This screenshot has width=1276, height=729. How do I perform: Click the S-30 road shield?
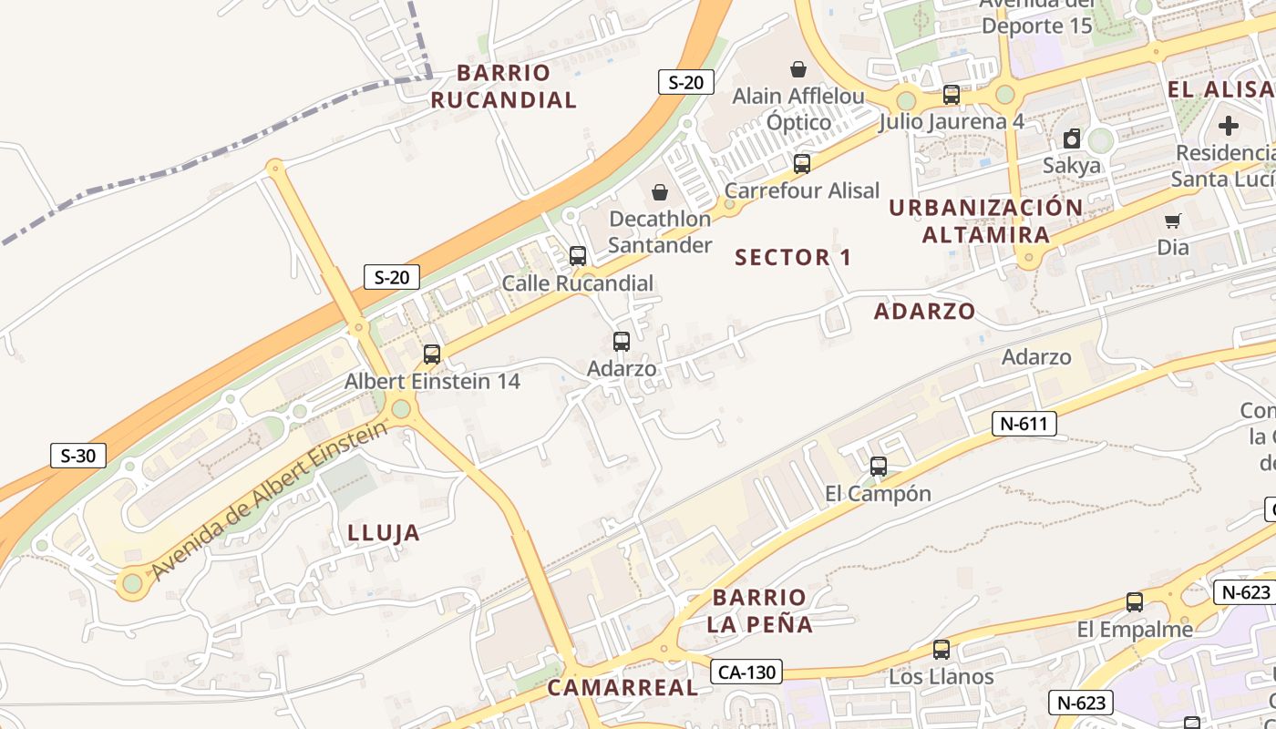click(77, 456)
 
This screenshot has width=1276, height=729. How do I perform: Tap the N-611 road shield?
click(1024, 423)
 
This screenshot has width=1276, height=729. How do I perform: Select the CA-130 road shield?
click(746, 673)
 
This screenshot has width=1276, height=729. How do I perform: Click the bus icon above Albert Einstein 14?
click(432, 354)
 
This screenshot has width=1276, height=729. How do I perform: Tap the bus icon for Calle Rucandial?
click(578, 256)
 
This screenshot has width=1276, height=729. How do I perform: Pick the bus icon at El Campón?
click(879, 467)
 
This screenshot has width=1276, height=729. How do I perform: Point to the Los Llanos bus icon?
click(942, 650)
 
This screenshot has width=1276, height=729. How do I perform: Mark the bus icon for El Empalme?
click(1135, 602)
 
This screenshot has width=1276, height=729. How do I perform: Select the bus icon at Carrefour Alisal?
click(802, 164)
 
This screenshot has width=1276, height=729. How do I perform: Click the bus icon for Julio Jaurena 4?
click(952, 95)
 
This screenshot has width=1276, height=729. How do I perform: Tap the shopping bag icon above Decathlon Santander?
click(660, 192)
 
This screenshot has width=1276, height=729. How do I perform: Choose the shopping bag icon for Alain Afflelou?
click(798, 69)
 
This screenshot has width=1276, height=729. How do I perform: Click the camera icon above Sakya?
click(1072, 139)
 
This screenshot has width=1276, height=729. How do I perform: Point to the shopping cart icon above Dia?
click(1173, 221)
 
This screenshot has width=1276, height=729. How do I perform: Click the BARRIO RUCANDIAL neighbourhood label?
click(504, 87)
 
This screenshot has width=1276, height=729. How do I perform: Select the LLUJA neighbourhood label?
click(384, 533)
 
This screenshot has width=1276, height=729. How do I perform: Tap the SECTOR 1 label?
click(793, 258)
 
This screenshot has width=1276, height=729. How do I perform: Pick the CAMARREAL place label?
click(623, 688)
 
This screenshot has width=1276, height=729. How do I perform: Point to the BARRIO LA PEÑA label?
click(760, 611)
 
